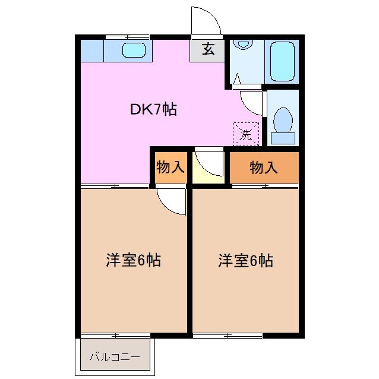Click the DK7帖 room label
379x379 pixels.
click(x=153, y=109)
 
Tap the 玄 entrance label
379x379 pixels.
click(x=207, y=50)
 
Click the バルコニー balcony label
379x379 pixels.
click(x=115, y=357)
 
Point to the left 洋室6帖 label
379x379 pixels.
click(x=134, y=260)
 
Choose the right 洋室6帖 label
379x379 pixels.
click(x=245, y=260)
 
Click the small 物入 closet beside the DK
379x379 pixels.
click(x=170, y=168)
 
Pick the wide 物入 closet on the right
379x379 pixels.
click(x=264, y=168)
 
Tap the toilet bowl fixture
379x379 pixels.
click(x=283, y=121)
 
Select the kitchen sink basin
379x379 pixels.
click(x=134, y=50)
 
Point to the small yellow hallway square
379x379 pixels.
click(x=208, y=167)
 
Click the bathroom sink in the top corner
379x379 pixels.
click(x=242, y=44)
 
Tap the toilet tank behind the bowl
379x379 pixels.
click(x=283, y=138)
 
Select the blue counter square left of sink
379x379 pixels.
click(x=92, y=50)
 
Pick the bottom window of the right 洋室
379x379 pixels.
click(x=228, y=336)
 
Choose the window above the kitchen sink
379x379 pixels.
click(x=127, y=37)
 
